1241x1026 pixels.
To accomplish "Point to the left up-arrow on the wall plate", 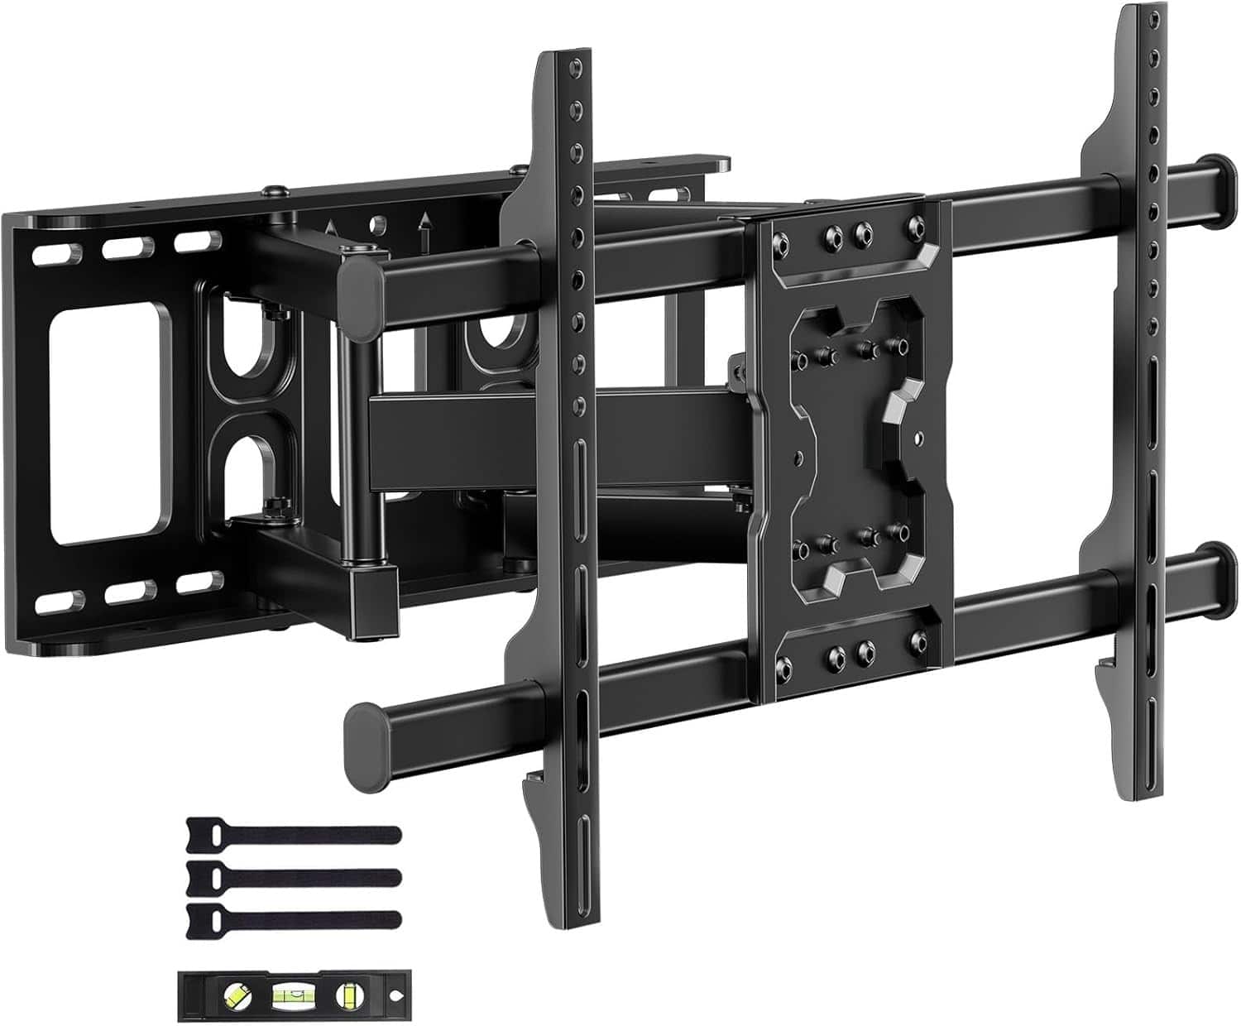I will [332, 230].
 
